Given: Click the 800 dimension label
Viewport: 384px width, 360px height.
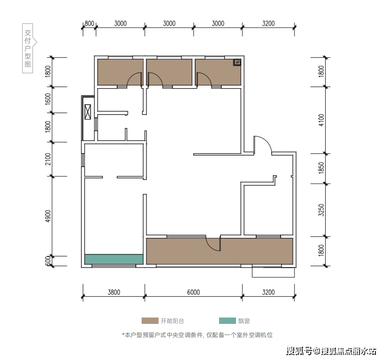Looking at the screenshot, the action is pos(90,23).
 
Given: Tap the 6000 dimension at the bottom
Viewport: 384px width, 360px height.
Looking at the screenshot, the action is pos(193,293).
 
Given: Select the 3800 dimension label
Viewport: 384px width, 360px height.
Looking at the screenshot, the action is pos(114,293).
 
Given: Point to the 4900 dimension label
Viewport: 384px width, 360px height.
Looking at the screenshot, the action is pos(48,216).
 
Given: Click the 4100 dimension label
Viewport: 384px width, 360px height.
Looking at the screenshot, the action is pos(321,120).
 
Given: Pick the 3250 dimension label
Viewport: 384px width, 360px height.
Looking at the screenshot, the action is pos(321,210).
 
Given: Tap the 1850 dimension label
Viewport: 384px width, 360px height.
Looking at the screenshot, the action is pos(321,168).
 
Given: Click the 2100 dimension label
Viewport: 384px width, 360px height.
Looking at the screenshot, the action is pos(48,159).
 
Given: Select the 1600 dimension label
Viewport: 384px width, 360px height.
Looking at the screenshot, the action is pos(48,99).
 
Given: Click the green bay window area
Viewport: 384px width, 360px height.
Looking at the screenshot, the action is pos(114,259).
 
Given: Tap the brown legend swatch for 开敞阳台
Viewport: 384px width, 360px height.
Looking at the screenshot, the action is pos(150,321).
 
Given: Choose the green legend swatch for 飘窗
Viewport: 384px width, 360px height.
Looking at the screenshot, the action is pos(227,321).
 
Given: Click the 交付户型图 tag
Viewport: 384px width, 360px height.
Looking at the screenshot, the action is pos(28,48).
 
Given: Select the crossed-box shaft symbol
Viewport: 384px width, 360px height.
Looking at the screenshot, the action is pos(88,112).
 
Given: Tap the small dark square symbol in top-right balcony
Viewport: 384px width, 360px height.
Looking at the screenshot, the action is pos(237,62).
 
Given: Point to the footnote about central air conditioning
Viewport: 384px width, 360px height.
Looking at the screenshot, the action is pos(197,335).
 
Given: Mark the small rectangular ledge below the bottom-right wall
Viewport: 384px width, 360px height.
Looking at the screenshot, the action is pos(273,272).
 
